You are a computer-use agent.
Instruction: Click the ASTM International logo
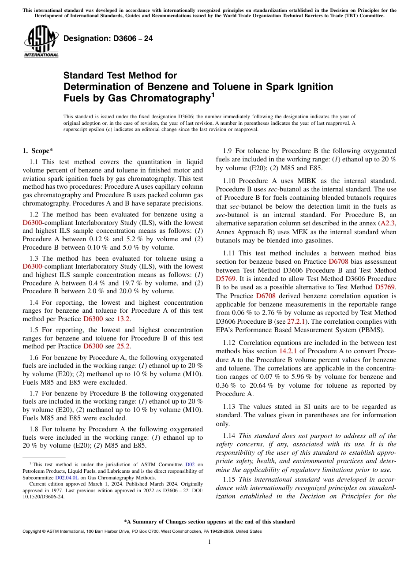[41, 42]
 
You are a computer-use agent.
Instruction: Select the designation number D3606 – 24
[108, 39]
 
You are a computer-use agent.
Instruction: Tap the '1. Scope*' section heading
[38, 151]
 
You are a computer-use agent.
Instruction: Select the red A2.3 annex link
[388, 223]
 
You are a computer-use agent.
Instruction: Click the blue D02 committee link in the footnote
[190, 464]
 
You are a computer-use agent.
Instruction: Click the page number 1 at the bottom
[209, 542]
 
